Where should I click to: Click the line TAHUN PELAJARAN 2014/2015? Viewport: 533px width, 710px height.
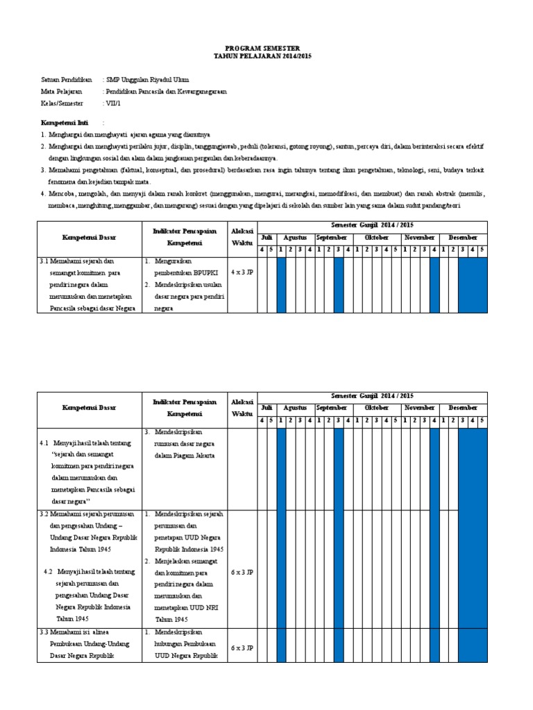tap(266, 56)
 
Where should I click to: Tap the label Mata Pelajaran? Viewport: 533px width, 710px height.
tap(62, 91)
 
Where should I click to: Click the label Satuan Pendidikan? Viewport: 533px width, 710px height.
tap(67, 80)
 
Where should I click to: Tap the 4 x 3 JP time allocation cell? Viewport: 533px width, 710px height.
tap(242, 272)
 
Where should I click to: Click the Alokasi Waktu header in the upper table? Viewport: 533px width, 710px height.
tap(242, 237)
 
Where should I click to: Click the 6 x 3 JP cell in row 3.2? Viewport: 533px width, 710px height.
tap(242, 573)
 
